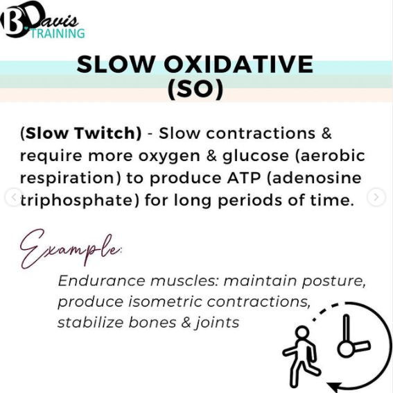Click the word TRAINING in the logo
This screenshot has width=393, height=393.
point(58,33)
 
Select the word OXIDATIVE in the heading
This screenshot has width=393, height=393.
point(238,64)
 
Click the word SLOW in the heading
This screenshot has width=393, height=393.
point(115,64)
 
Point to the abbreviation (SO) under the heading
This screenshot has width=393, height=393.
point(195,89)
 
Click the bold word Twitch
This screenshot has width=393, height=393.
point(107,133)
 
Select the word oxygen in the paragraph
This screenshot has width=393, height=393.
point(169,156)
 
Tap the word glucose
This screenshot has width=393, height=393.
point(256,156)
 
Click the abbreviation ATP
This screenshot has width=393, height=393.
point(244,178)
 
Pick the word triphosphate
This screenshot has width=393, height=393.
point(79,201)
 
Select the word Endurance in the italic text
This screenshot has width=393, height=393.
point(101,281)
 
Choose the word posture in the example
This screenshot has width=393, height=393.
point(333,281)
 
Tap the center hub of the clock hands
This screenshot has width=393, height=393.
point(346,349)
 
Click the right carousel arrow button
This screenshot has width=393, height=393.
point(376,197)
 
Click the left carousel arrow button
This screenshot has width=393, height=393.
point(14,197)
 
